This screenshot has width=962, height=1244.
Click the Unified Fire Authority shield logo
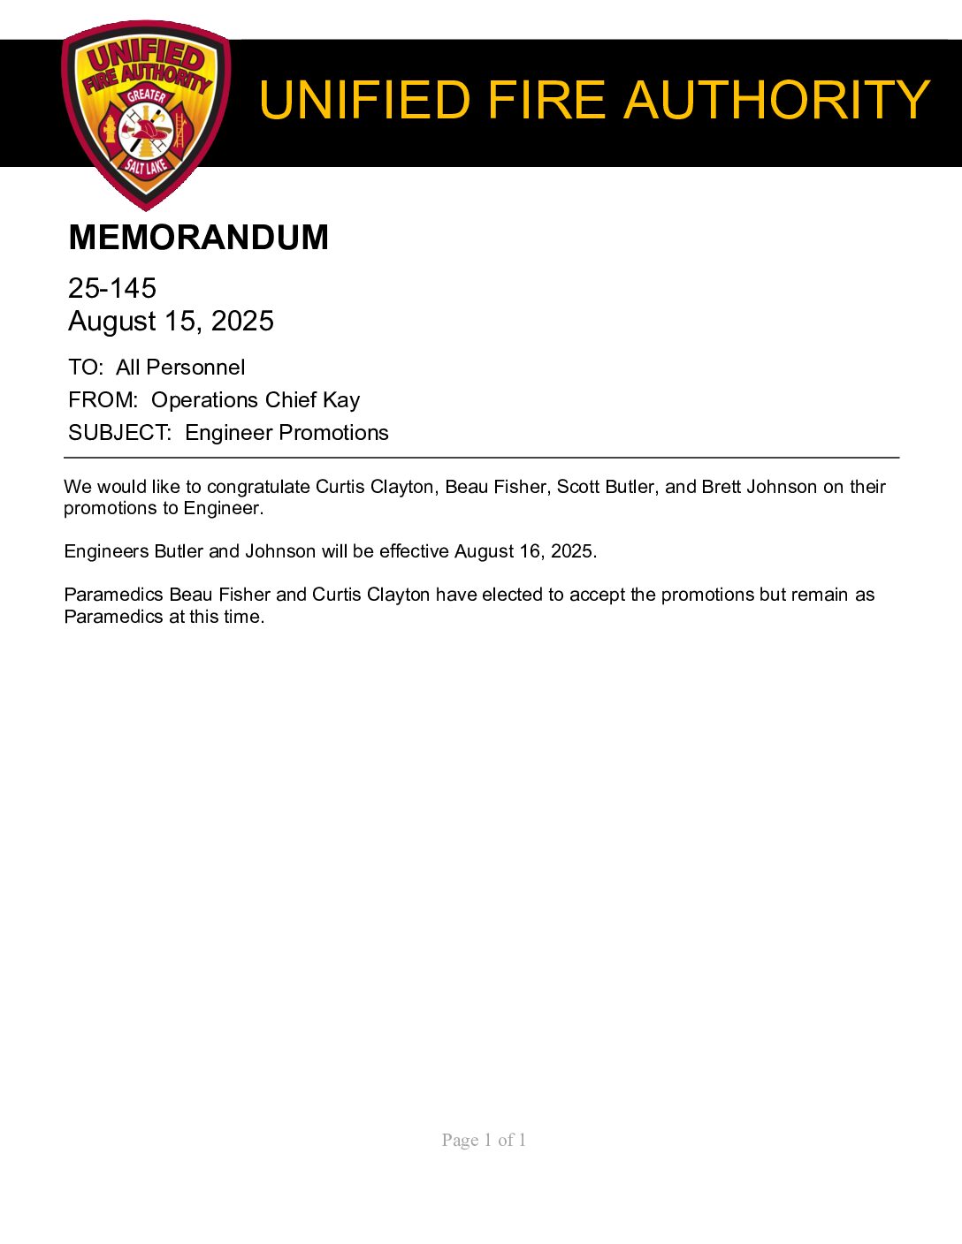(146, 115)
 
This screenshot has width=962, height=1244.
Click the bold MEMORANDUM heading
(198, 238)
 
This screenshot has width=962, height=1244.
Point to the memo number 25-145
(112, 288)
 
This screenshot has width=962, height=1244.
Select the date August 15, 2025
(171, 321)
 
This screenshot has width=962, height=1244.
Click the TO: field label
(86, 368)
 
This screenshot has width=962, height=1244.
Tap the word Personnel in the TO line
(195, 368)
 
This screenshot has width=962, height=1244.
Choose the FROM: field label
(103, 400)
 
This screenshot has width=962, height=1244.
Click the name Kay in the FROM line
(341, 400)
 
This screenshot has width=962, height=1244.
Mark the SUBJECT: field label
(119, 433)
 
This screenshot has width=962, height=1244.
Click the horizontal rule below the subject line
(481, 458)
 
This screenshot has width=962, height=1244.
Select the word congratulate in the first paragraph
(258, 487)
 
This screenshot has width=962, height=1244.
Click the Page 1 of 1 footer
(484, 1140)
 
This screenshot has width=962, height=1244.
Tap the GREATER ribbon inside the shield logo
(146, 95)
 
